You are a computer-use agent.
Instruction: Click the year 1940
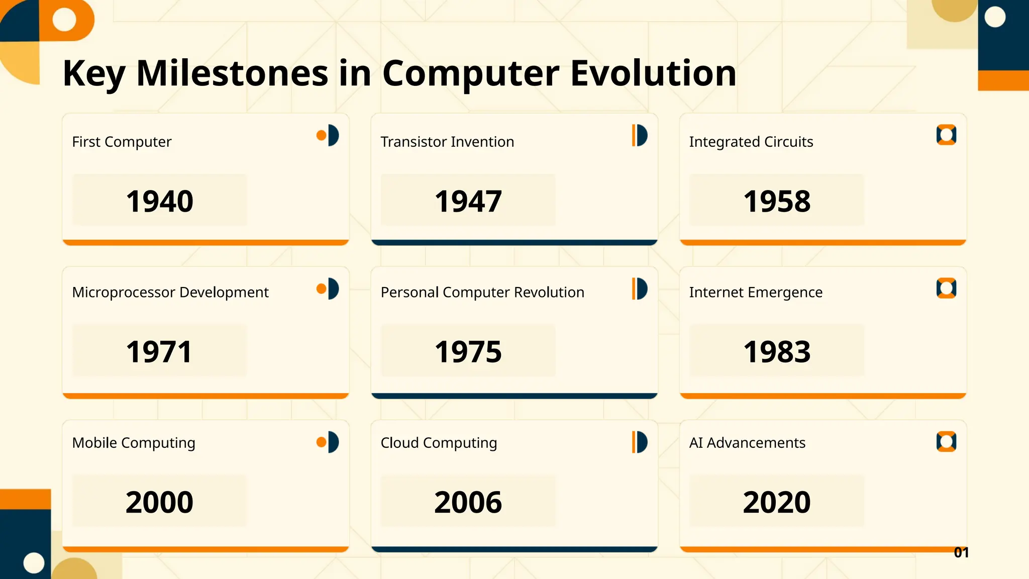[159, 201]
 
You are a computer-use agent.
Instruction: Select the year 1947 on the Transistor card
[468, 201]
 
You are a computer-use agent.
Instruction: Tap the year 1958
[776, 201]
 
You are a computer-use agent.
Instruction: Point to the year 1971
[159, 351]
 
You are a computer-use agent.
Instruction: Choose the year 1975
[468, 351]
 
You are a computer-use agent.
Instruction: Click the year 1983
[776, 351]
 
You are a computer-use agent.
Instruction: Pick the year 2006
[468, 502]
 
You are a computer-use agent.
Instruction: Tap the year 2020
[776, 502]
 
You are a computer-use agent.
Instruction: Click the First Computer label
[122, 142]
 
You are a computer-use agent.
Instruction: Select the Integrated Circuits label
[751, 142]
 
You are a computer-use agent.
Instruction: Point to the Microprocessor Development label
[170, 292]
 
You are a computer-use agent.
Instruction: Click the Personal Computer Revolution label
[482, 292]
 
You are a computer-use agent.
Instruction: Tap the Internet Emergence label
[756, 292]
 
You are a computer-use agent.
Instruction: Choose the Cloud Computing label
[439, 443]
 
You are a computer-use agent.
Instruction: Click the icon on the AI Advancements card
[946, 442]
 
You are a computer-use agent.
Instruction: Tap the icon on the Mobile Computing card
[328, 442]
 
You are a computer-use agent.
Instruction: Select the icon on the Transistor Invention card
[639, 135]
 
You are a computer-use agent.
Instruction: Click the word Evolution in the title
[653, 73]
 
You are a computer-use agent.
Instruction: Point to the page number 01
[961, 552]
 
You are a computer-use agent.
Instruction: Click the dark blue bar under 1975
[514, 396]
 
